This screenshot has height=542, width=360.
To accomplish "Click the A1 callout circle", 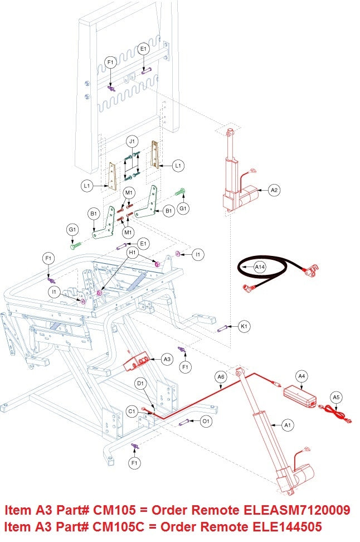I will pyautogui.click(x=288, y=425).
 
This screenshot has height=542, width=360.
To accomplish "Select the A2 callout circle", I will pyautogui.click(x=274, y=190).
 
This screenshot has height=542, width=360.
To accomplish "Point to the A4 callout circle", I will pyautogui.click(x=301, y=376).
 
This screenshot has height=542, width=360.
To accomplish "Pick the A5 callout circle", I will pyautogui.click(x=335, y=397).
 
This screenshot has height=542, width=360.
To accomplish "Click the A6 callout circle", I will pyautogui.click(x=221, y=378).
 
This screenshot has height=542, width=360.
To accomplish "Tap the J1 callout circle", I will pyautogui.click(x=132, y=142).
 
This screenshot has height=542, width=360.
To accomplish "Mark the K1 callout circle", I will pyautogui.click(x=244, y=326).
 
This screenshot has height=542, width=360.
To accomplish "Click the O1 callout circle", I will pyautogui.click(x=206, y=421).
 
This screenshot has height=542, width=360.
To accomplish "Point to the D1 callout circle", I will pyautogui.click(x=141, y=384).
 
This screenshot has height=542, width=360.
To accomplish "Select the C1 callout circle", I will pyautogui.click(x=132, y=412).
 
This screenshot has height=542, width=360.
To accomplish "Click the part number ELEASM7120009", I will pyautogui.click(x=298, y=510).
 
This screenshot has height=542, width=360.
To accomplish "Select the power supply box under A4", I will pyautogui.click(x=300, y=395).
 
